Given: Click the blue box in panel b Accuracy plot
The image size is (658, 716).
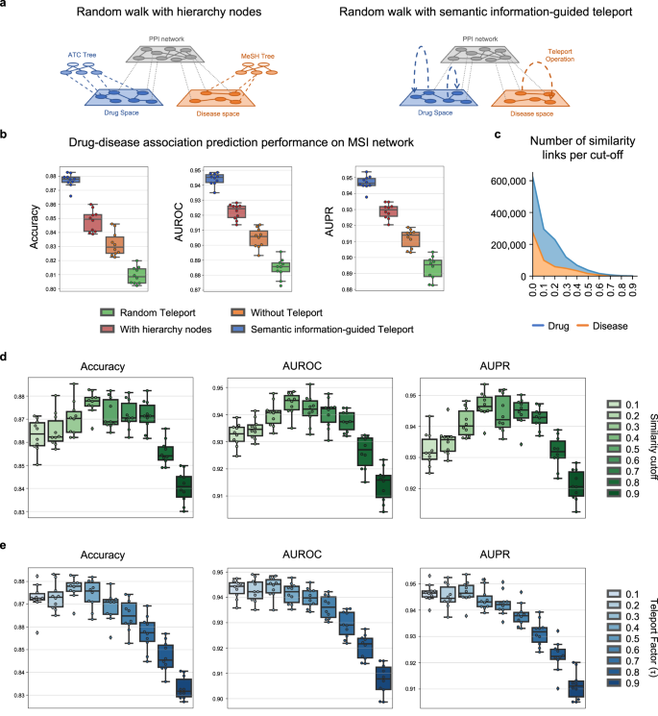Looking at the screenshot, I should [x=70, y=180].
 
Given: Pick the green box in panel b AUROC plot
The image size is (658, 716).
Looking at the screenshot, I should [x=280, y=267].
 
